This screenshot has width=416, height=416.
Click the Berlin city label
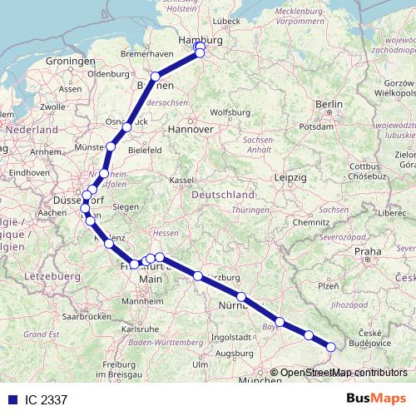tap(329, 104)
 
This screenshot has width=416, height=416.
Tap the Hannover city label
tap(191, 130)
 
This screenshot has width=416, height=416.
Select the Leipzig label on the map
tap(292, 178)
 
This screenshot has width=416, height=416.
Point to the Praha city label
tap(367, 250)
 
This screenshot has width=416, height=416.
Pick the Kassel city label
tap(181, 179)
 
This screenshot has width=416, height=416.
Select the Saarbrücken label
tap(65, 316)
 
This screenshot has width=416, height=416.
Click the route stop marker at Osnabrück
tap(127, 126)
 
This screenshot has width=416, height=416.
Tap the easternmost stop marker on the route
tap(331, 347)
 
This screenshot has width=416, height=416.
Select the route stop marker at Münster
tap(111, 146)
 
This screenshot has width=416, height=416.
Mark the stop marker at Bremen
tap(155, 77)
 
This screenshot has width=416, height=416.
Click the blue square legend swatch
tap(11, 399)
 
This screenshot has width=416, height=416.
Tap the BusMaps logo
tap(376, 399)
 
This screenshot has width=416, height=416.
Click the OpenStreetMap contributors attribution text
tap(344, 373)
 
